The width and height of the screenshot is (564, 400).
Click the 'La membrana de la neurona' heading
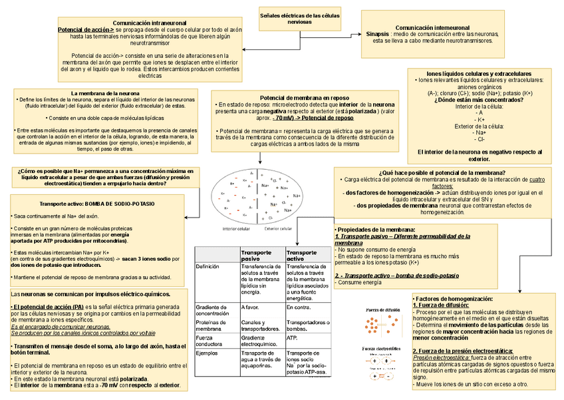coord(105,93)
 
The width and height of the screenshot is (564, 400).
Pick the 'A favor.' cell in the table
coord(250,307)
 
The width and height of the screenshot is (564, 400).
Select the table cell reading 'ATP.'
coord(292,337)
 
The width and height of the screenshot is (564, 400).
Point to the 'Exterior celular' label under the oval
coord(278,228)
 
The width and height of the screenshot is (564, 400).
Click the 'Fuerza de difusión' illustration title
coord(383,310)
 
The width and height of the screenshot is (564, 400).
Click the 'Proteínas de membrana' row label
coord(214,325)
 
